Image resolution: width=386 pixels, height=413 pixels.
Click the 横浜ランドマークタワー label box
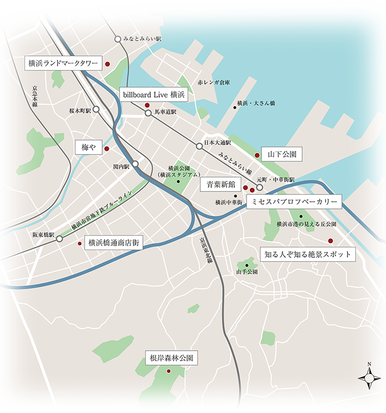63,63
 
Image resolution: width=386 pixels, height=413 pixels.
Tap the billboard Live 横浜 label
154,94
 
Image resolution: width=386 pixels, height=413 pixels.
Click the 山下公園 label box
281,155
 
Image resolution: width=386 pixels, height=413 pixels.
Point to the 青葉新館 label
217,184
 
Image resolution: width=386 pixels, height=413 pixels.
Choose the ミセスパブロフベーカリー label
294,202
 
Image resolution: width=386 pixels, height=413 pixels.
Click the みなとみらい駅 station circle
118,39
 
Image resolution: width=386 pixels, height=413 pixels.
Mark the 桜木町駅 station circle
96,109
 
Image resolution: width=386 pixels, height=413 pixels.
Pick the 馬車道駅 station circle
148,113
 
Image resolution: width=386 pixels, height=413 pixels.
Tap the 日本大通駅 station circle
200,145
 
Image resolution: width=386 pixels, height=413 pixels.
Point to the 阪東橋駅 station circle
59,238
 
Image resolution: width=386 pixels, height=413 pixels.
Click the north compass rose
369,376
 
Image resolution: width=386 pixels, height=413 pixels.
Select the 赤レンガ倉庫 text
214,83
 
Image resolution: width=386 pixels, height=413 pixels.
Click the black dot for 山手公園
247,265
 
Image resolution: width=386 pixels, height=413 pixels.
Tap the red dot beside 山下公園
257,155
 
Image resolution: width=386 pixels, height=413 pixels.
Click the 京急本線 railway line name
34,96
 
